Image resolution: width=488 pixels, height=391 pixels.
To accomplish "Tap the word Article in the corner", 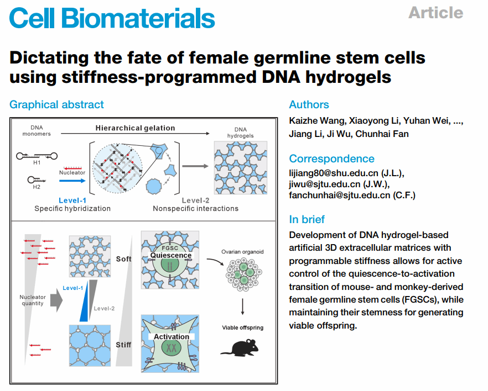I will click(x=435, y=12).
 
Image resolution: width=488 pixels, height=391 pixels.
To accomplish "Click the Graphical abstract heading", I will click(x=56, y=104).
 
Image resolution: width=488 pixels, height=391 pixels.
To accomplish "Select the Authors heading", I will click(x=309, y=104).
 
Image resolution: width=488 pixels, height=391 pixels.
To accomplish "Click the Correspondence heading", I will click(x=331, y=158).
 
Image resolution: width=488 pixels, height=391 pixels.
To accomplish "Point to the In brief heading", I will click(x=307, y=219).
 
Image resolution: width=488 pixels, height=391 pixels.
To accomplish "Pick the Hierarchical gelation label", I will click(x=135, y=128).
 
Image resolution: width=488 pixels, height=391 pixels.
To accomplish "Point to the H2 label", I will click(x=37, y=187).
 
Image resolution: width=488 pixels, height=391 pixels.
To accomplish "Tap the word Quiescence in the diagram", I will click(x=171, y=256).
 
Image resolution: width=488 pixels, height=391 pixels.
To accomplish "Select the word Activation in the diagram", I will click(x=172, y=336).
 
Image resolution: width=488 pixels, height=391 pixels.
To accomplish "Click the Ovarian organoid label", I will click(x=242, y=252).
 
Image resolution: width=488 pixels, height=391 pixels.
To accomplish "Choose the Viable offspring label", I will click(x=243, y=327).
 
